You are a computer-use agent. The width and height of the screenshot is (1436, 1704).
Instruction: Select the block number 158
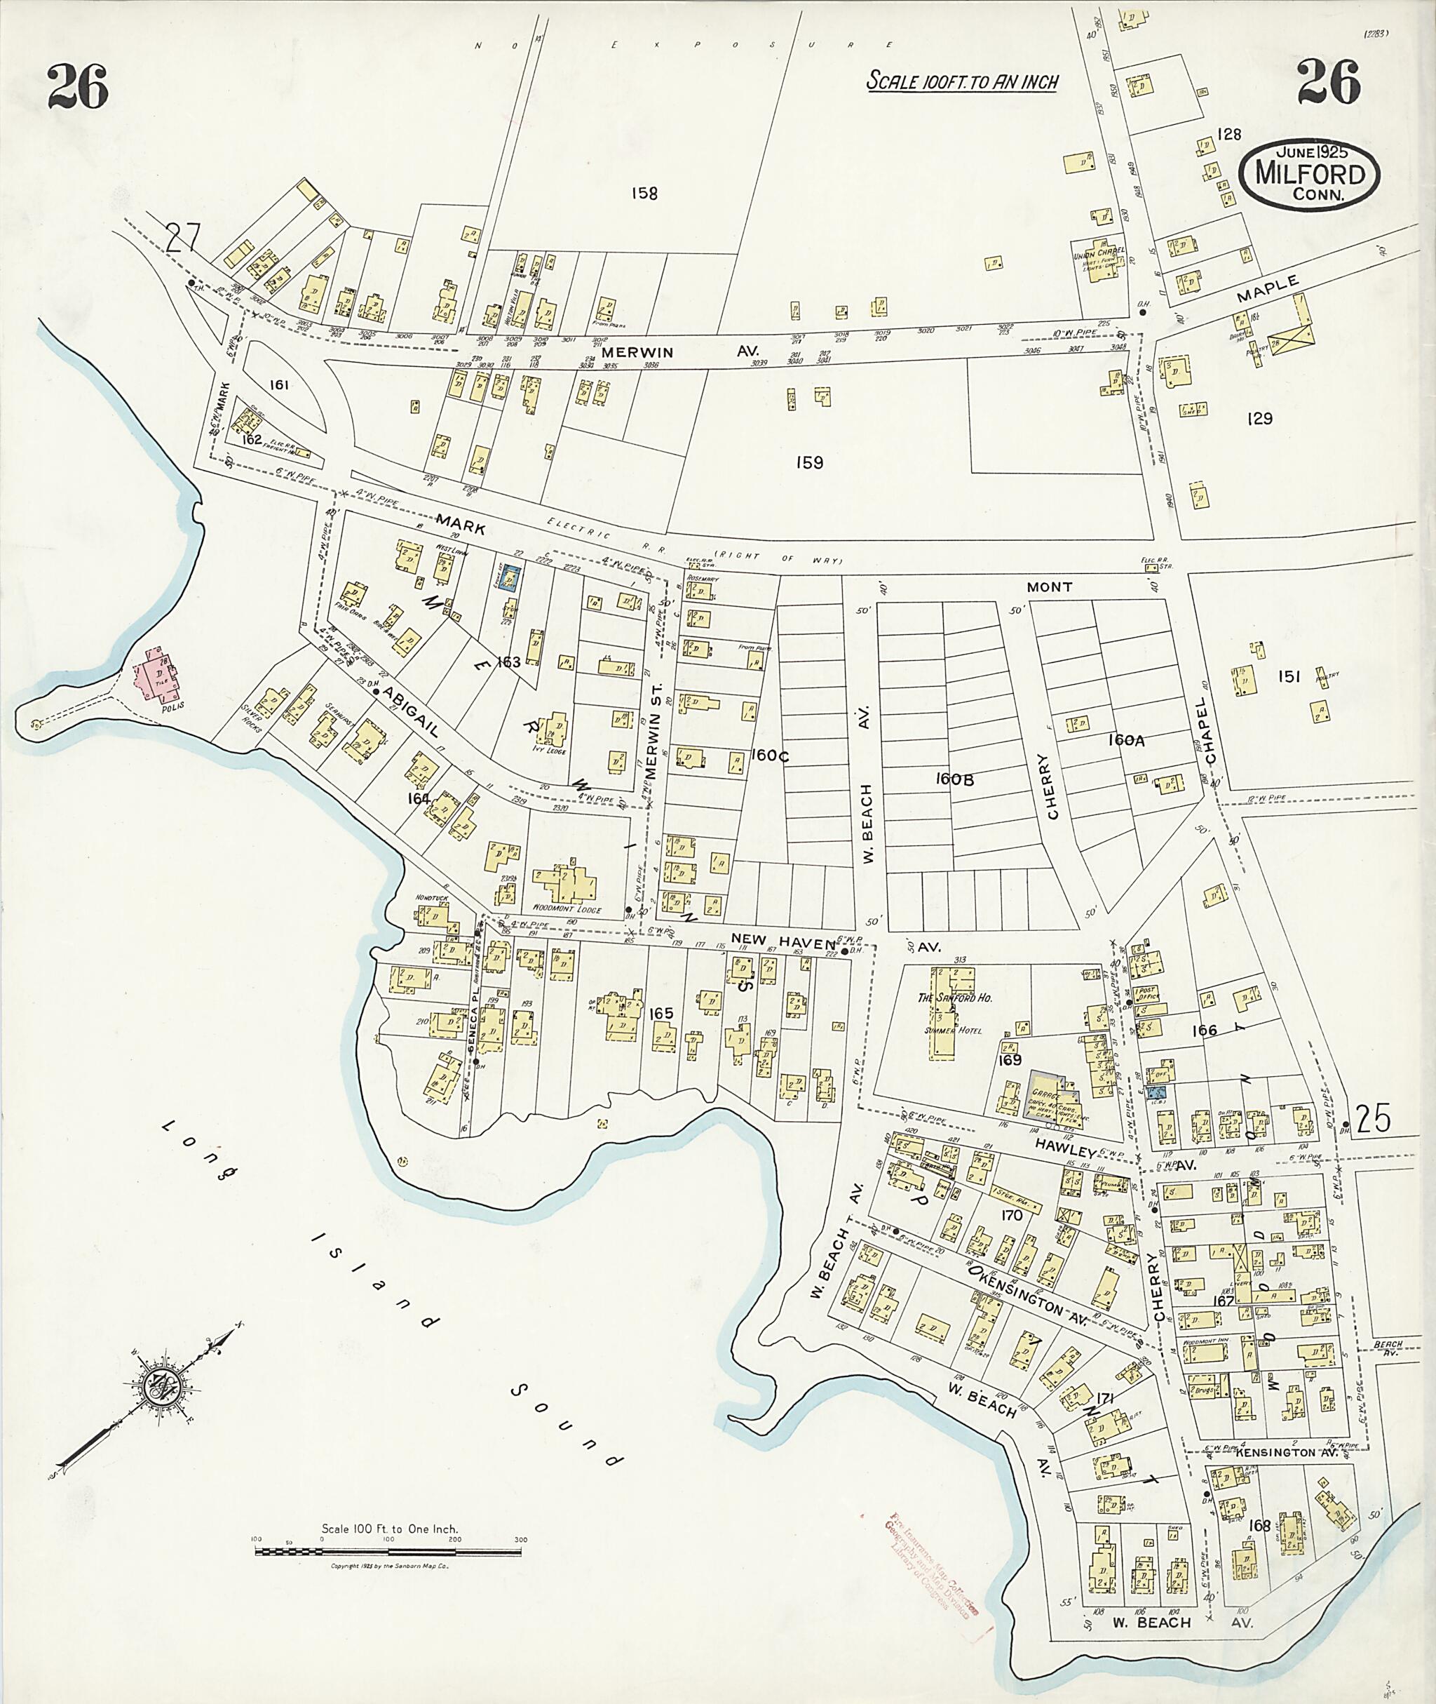[644, 194]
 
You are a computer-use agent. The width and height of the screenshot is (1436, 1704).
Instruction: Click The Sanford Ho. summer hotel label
[955, 998]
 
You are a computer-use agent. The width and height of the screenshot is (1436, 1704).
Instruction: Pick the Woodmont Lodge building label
[567, 909]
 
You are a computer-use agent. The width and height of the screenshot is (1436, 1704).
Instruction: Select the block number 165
[661, 1013]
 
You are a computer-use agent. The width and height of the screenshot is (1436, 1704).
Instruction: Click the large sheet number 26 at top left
[77, 86]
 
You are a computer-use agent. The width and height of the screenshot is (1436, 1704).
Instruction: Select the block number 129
[1259, 419]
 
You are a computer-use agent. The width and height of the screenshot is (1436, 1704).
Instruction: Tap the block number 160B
[954, 779]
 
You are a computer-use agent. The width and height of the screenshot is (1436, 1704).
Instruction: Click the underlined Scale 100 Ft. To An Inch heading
[961, 82]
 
